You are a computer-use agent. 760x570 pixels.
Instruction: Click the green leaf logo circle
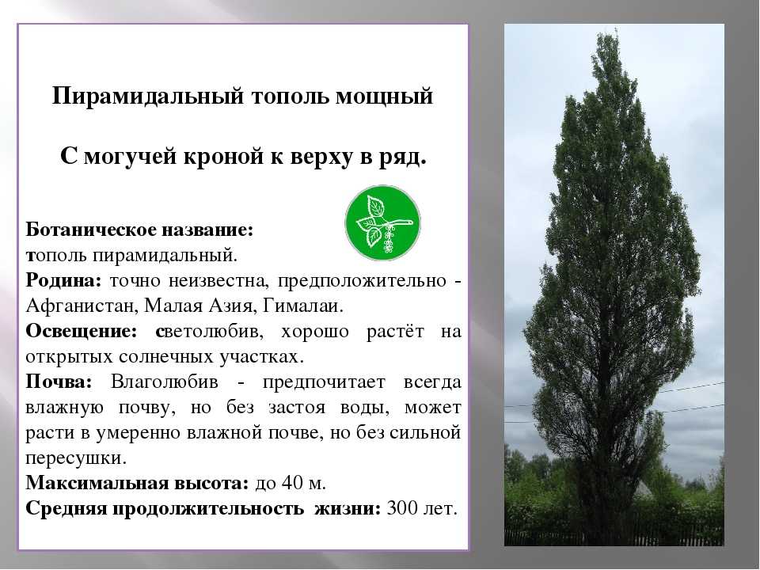[x=383, y=223]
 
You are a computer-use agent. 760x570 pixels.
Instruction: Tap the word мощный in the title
[x=385, y=97]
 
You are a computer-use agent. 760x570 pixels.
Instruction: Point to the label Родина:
[x=63, y=280]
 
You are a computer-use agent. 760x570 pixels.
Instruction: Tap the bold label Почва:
[x=59, y=382]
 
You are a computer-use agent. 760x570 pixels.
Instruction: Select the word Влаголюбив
[x=165, y=382]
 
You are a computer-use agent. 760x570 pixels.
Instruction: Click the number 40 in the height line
[x=291, y=483]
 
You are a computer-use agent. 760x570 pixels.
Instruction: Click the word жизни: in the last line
[x=348, y=508]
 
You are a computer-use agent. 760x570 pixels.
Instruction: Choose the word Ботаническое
[x=90, y=230]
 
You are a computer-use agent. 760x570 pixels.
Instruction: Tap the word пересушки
[x=76, y=458]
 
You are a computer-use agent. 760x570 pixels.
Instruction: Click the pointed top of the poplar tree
[x=616, y=30]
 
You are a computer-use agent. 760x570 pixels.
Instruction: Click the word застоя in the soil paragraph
[x=297, y=408]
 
